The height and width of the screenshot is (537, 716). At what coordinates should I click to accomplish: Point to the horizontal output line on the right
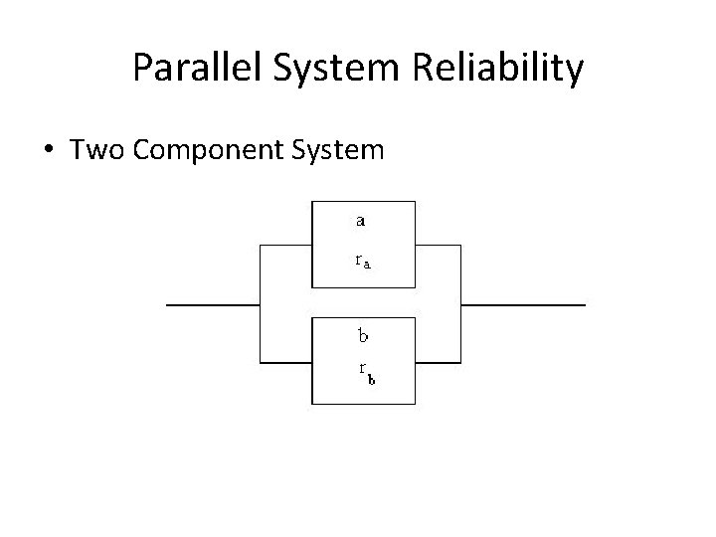523,303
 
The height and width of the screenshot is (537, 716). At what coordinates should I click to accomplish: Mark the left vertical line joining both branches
260,303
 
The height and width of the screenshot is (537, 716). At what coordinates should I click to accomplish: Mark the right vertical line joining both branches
461,303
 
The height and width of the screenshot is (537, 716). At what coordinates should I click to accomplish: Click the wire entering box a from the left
286,245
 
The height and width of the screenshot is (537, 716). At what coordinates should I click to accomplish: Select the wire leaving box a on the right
439,245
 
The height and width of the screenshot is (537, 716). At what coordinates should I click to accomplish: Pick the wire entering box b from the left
286,362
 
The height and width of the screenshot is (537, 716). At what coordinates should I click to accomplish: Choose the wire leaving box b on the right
439,362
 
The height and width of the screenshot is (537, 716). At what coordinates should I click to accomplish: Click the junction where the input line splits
260,303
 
